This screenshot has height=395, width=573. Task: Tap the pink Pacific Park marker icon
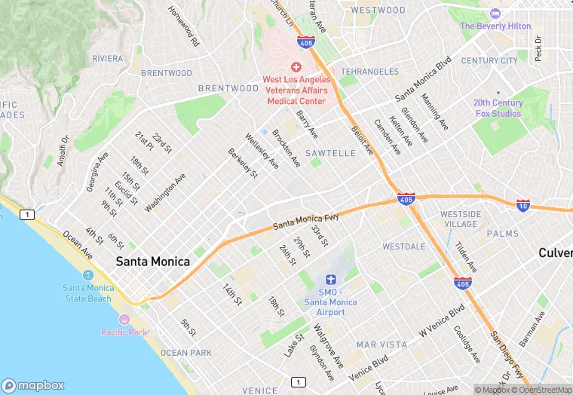pos(124,320)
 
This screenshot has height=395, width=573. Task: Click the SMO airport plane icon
pos(330,280)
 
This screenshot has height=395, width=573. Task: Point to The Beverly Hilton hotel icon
pos(495,14)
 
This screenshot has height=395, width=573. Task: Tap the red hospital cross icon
pos(296,67)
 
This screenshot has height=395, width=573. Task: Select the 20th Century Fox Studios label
pos(498,108)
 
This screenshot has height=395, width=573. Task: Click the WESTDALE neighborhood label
pos(403,246)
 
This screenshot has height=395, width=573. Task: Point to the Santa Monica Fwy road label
pos(305,220)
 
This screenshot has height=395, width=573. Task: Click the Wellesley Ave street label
pos(262,151)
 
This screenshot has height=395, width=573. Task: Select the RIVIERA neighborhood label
pos(107,58)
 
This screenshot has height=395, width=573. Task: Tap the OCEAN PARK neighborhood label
pos(185,353)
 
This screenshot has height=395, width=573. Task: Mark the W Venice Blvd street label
pos(442,320)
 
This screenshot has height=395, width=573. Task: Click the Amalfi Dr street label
pos(63,152)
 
